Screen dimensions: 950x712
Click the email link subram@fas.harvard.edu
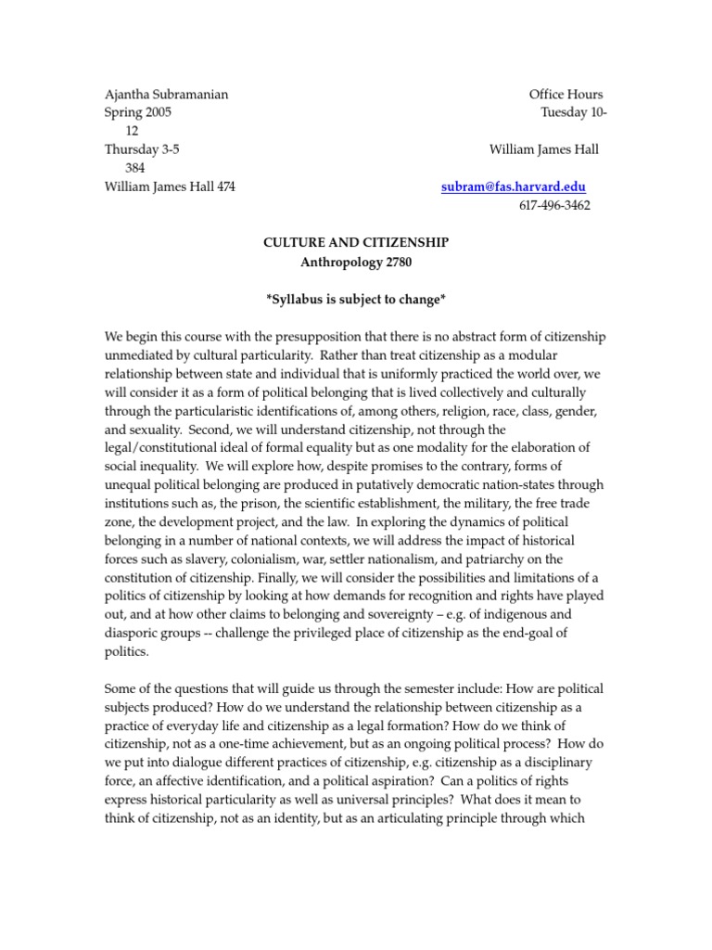coord(513,186)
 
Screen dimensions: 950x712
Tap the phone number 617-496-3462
coord(553,205)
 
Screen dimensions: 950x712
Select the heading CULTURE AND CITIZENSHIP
coord(355,242)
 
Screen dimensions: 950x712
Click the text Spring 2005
coord(138,112)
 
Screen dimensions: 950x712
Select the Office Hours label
coord(566,95)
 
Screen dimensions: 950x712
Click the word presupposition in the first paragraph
coord(311,336)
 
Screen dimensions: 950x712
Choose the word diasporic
coord(138,633)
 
